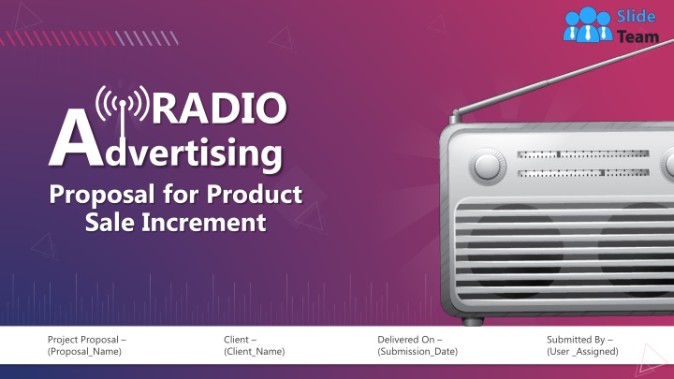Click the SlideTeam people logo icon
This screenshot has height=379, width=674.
pyautogui.click(x=587, y=23)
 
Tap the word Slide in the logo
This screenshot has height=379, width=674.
pyautogui.click(x=632, y=16)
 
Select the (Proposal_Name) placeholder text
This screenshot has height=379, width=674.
pyautogui.click(x=84, y=351)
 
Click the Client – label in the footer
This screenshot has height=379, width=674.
pyautogui.click(x=241, y=338)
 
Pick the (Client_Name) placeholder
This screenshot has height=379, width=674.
pyautogui.click(x=255, y=351)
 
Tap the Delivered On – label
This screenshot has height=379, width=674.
pyautogui.click(x=410, y=338)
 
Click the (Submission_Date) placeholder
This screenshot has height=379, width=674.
pyautogui.click(x=418, y=351)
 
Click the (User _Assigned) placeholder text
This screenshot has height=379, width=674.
pyautogui.click(x=583, y=351)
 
